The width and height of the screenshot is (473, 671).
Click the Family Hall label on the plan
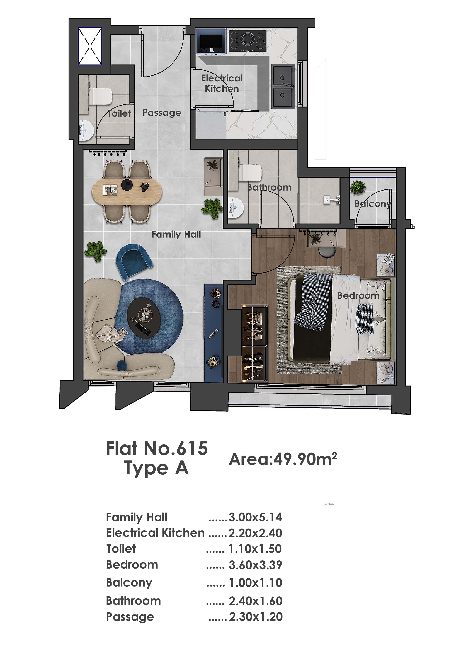(176, 234)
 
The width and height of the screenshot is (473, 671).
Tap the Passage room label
(162, 113)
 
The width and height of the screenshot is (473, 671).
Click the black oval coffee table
(144, 318)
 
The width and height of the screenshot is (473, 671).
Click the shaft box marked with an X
(90, 46)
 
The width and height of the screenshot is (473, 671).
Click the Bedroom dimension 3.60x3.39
(255, 565)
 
